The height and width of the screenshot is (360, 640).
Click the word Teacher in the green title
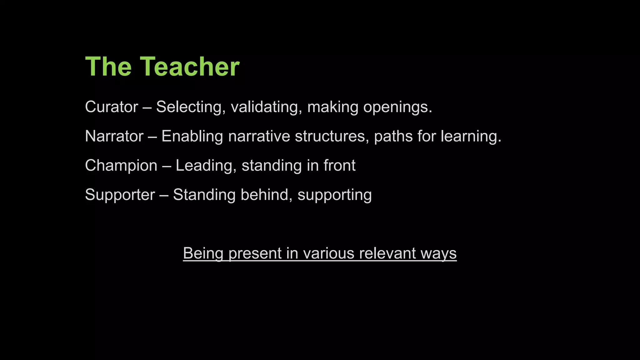(x=189, y=67)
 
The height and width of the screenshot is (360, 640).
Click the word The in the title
(x=108, y=67)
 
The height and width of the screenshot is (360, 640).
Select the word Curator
(x=111, y=107)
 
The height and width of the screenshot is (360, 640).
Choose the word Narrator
(x=114, y=136)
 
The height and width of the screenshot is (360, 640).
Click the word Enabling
(x=192, y=136)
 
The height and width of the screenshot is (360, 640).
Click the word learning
(x=471, y=136)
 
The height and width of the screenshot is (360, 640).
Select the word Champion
(x=121, y=166)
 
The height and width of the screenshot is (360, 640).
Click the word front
(x=339, y=166)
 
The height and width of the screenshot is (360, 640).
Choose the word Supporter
(x=120, y=195)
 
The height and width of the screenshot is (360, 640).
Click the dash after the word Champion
(x=167, y=166)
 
